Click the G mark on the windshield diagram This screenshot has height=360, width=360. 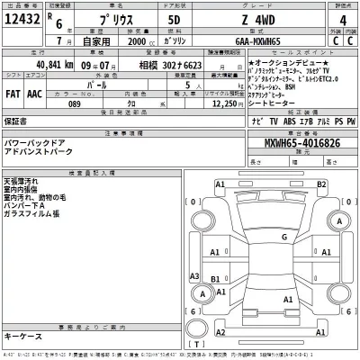[x=283, y=235]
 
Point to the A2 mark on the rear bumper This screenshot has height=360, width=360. [x=287, y=323]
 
